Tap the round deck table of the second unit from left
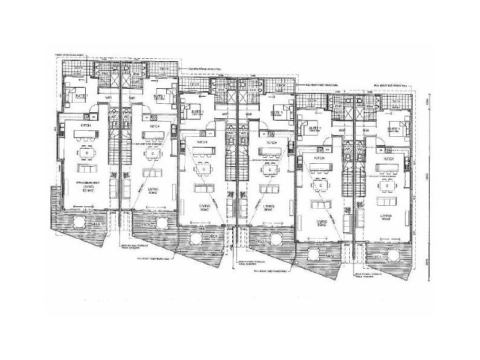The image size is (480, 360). coord(158,223)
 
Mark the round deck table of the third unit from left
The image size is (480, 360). coord(196,240)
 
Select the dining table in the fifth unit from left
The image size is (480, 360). coord(323,186)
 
